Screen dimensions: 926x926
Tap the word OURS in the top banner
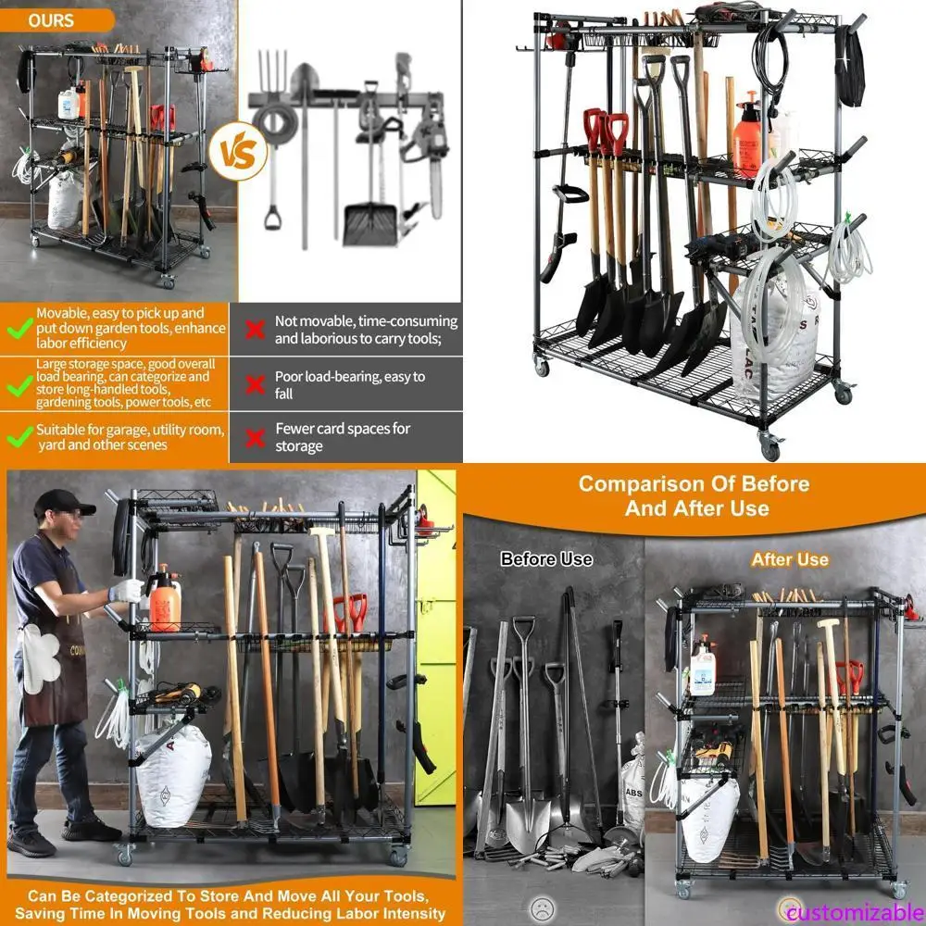click(x=51, y=19)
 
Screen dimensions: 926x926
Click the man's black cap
click(x=62, y=504)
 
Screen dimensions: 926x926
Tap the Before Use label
click(x=546, y=559)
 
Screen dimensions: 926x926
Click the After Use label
click(x=789, y=559)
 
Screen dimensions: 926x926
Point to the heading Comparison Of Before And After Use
click(x=694, y=495)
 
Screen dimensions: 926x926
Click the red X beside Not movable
click(x=255, y=331)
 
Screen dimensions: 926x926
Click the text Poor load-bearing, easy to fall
click(x=349, y=385)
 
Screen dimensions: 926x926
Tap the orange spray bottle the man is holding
click(x=166, y=600)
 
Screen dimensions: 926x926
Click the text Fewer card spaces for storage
click(x=342, y=437)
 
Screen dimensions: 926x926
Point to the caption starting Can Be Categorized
click(x=230, y=905)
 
